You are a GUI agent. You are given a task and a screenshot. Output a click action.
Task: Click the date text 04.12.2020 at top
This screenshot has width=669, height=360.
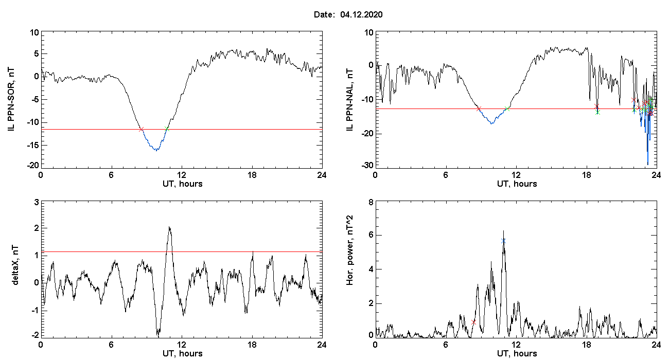[x=361, y=15]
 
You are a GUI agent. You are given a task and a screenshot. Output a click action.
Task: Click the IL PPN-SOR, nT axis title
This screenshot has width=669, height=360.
[x=12, y=99]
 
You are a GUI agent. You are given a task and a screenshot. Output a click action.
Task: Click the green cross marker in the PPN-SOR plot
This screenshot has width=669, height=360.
[x=167, y=129]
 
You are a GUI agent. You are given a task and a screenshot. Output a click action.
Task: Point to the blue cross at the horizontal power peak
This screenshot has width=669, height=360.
[x=503, y=241]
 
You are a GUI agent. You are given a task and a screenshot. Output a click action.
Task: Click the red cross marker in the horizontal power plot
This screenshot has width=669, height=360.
[x=473, y=321]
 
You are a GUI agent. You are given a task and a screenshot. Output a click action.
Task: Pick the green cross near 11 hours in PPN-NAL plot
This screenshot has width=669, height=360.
[x=507, y=109]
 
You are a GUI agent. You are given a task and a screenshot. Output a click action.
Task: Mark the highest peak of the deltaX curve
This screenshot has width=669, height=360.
[x=169, y=227]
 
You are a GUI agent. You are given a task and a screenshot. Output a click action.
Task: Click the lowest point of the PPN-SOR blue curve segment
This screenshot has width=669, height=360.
[x=156, y=150]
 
